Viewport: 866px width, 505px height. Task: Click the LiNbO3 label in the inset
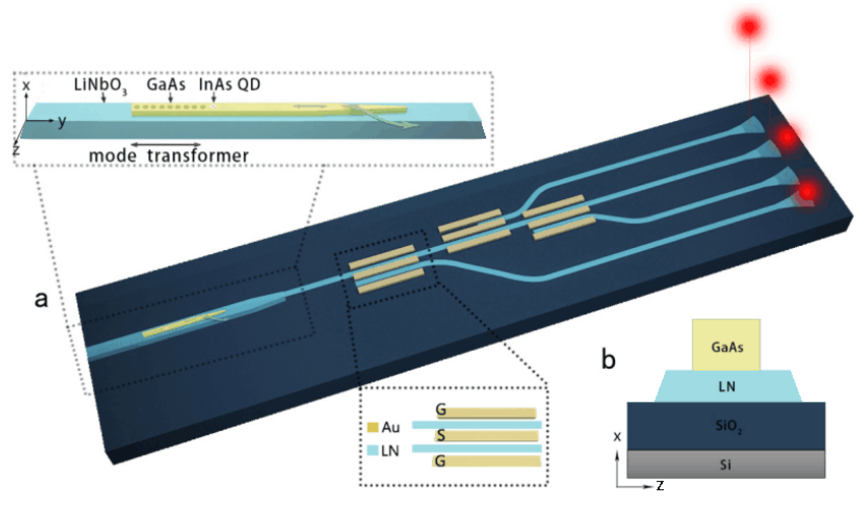click(100, 85)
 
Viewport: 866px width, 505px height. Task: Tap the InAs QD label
click(229, 84)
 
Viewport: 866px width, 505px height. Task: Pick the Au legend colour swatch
click(373, 427)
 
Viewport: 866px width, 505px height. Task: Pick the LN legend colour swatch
click(373, 450)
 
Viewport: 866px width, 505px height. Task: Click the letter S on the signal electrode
click(441, 436)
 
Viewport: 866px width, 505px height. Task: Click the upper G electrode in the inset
click(486, 413)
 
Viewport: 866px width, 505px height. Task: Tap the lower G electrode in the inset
click(486, 461)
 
